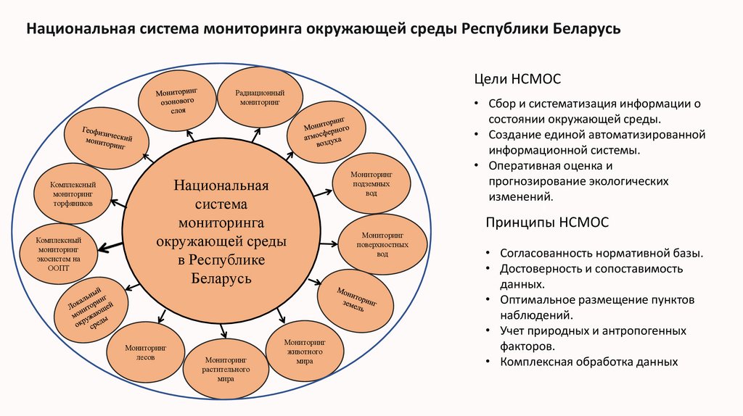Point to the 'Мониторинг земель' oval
(356, 299)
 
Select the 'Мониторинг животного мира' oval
(304, 350)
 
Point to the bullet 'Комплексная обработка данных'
(588, 362)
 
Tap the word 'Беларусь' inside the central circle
(221, 278)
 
